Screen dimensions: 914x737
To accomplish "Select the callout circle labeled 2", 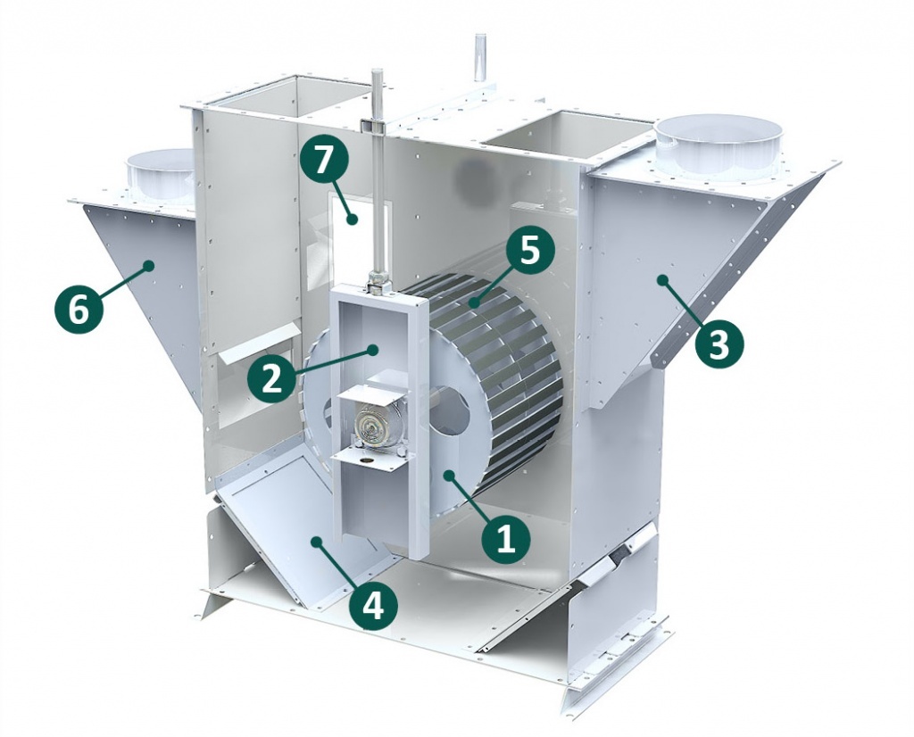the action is coord(271,379).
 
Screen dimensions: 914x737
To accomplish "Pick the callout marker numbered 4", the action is coord(374,606).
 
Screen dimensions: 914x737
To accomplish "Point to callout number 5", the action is coord(528,253).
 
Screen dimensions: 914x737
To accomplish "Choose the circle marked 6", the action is coord(79,309).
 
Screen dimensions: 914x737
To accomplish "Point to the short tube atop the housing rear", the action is coord(480,57).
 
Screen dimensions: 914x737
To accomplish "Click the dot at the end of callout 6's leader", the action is coord(149,265).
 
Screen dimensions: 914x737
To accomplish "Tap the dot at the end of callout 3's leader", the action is coord(662,280).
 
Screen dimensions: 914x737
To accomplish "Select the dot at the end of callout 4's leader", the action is coord(317,542).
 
